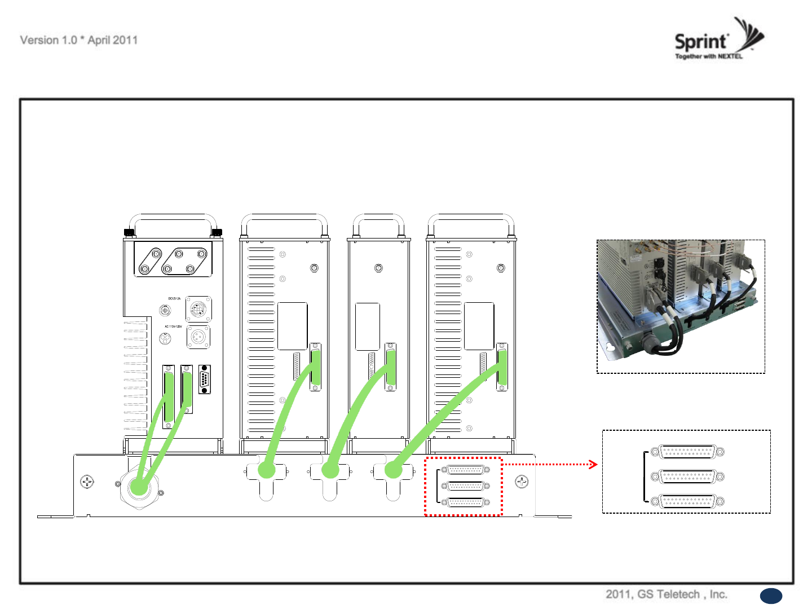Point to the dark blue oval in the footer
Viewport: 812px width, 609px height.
(x=771, y=596)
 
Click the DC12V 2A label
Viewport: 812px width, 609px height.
(x=174, y=298)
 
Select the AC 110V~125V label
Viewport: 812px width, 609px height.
(x=173, y=326)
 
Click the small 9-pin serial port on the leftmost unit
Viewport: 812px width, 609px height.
(x=204, y=379)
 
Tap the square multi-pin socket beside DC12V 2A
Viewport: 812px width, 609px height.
(x=198, y=310)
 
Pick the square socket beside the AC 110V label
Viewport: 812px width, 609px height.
(x=198, y=337)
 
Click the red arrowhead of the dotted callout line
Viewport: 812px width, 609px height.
(x=593, y=465)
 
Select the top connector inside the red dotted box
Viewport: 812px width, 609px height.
(x=465, y=470)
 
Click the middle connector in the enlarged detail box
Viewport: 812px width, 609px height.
(x=687, y=477)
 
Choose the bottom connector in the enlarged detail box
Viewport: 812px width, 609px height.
(x=687, y=501)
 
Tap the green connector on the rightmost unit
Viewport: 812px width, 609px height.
(x=501, y=367)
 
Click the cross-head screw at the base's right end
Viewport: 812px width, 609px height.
(x=522, y=482)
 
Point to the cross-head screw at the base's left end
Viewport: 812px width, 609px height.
(x=87, y=482)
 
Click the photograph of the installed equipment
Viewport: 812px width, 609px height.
(x=681, y=306)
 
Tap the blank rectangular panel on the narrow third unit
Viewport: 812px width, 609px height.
(x=368, y=326)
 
